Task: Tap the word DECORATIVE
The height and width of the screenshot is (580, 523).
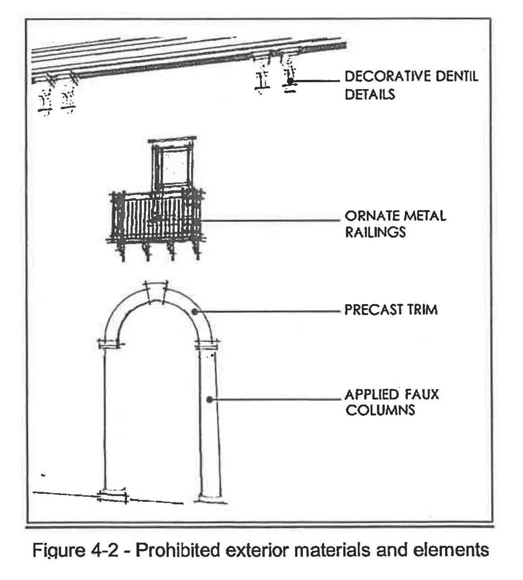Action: (389, 76)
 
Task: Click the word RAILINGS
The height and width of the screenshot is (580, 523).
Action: (375, 232)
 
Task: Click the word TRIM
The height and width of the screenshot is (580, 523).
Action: (423, 310)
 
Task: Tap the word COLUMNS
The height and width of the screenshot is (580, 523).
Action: (380, 410)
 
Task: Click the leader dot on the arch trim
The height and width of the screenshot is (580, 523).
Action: (194, 311)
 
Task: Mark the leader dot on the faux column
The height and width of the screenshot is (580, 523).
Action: (209, 400)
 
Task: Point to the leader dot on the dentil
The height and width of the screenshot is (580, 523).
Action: (289, 81)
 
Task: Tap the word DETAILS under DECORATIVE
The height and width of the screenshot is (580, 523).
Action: (370, 94)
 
